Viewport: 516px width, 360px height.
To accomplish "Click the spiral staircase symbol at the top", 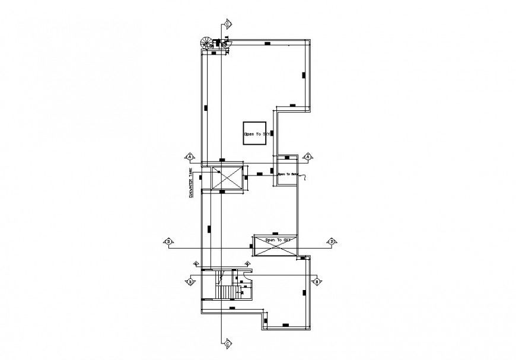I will tap(206, 43).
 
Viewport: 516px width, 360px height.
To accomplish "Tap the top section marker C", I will tap(227, 24).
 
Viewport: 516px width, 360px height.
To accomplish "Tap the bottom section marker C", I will tap(227, 342).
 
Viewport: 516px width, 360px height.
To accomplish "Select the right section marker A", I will tap(307, 157).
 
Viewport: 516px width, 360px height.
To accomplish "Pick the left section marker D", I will tap(169, 241).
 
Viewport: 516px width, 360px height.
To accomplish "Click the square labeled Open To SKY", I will tap(256, 134).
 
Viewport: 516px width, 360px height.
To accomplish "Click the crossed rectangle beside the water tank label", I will tap(228, 177).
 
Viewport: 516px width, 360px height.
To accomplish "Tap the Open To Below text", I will tap(287, 174).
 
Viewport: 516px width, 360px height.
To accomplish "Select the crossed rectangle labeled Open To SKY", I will tap(275, 245).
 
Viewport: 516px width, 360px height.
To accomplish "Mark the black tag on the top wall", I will tap(267, 44).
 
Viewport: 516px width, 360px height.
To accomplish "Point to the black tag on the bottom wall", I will tap(285, 325).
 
